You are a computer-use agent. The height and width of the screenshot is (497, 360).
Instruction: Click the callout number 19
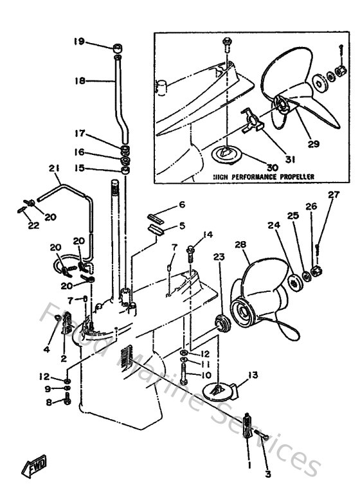click(x=78, y=42)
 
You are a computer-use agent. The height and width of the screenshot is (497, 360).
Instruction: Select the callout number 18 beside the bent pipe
click(x=79, y=81)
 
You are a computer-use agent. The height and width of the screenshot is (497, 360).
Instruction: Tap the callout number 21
click(x=54, y=168)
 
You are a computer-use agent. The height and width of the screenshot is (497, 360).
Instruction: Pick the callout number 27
click(x=332, y=195)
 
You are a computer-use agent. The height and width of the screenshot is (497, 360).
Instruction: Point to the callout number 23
click(x=219, y=257)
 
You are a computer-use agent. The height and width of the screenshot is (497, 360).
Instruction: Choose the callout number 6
click(x=182, y=204)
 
